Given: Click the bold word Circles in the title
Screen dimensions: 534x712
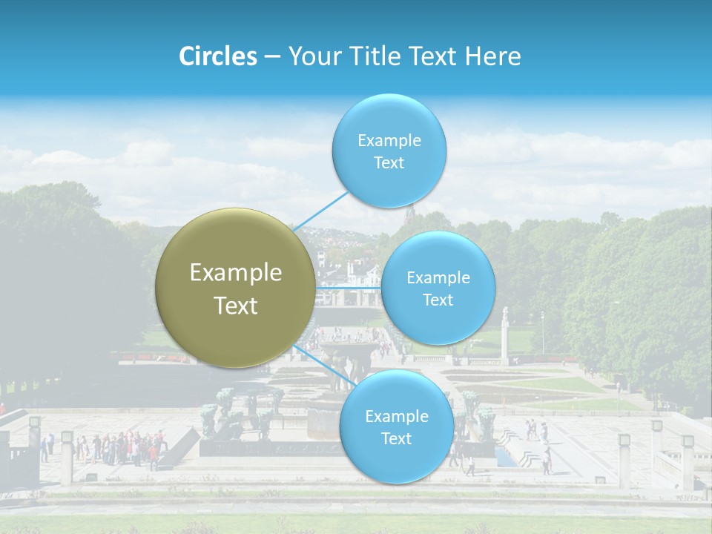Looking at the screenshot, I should (218, 56).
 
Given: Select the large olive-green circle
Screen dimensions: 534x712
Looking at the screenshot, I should (235, 289).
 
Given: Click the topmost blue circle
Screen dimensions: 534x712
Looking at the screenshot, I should (389, 151).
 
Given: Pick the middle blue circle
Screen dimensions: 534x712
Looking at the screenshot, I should (438, 288).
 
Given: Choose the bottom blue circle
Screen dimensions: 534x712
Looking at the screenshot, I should (396, 427).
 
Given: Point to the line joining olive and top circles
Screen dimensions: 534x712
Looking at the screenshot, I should (320, 211).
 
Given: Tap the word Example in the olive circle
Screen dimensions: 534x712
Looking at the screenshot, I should (236, 273).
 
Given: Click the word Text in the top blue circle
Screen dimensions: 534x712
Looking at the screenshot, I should (389, 163).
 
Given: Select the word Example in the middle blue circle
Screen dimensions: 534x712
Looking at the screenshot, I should (438, 278).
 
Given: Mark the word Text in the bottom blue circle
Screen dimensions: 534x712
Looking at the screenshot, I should (396, 439).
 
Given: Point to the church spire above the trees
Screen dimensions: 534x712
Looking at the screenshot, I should (409, 213).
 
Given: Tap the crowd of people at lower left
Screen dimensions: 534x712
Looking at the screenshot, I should (119, 447).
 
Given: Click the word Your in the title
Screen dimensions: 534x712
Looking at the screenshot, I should (311, 56).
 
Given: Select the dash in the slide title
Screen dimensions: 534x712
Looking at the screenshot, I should (272, 57).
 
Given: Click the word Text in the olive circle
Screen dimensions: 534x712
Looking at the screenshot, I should (236, 306).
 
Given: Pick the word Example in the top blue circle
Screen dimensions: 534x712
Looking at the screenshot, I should (389, 140).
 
